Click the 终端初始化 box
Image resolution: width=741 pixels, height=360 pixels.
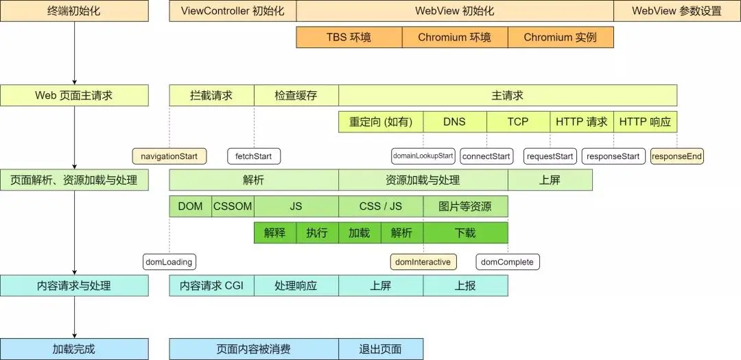74,11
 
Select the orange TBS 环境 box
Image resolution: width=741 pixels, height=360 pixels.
349,37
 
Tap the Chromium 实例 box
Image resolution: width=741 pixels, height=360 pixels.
561,37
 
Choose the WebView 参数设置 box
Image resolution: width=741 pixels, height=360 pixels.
677,11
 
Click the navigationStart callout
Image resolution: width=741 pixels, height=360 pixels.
169,156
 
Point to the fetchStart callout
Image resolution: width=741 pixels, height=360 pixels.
254,156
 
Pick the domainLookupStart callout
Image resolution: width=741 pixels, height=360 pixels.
423,156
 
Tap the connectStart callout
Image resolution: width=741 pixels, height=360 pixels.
486,156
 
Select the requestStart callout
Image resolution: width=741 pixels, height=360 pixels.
550,156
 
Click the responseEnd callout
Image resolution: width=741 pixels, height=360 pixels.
677,156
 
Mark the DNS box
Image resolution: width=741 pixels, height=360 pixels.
454,122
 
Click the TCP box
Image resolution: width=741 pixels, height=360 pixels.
518,122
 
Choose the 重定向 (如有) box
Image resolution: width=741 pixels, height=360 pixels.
381,122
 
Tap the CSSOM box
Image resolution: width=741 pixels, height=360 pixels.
233,206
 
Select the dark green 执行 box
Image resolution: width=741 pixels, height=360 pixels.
317,232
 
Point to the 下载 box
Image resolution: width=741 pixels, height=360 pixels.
465,232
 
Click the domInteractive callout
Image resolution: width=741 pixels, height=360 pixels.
423,262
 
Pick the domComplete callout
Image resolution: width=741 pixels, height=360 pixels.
508,262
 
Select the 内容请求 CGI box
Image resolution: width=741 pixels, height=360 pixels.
211,286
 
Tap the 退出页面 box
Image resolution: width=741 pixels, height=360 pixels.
381,349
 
